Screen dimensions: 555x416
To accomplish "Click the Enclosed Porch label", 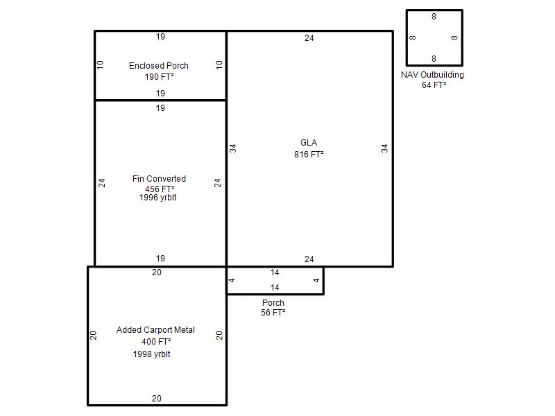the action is tap(159, 66).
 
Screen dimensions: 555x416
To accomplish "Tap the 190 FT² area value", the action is tap(159, 77).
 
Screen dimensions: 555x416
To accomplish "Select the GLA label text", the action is tap(309, 143).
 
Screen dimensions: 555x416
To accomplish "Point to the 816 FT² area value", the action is tap(309, 154).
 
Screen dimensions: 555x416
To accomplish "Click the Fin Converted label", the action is tap(159, 179).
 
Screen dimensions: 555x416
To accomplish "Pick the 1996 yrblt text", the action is tap(158, 198).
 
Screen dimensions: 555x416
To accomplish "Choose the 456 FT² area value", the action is tap(160, 189).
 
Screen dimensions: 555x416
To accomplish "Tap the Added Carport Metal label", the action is tap(155, 330).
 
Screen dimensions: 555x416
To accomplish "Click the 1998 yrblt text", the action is tap(151, 354).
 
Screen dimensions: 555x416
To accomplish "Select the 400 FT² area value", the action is tap(156, 342).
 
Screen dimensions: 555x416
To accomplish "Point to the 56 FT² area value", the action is tap(273, 313).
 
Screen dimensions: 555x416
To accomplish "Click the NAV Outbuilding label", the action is tap(432, 75).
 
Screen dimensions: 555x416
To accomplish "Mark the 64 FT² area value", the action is tap(434, 85).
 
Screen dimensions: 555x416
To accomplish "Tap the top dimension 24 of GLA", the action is tap(309, 38).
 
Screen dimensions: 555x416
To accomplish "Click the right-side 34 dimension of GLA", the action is tap(384, 148).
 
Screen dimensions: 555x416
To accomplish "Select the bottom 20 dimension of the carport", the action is tap(157, 398).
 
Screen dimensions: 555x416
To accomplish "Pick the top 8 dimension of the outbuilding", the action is tap(434, 17).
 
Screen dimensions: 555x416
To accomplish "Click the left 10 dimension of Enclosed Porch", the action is tap(100, 64).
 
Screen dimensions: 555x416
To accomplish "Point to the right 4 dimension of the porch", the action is tap(316, 280).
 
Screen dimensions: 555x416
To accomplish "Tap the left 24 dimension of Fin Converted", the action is tap(102, 183).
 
